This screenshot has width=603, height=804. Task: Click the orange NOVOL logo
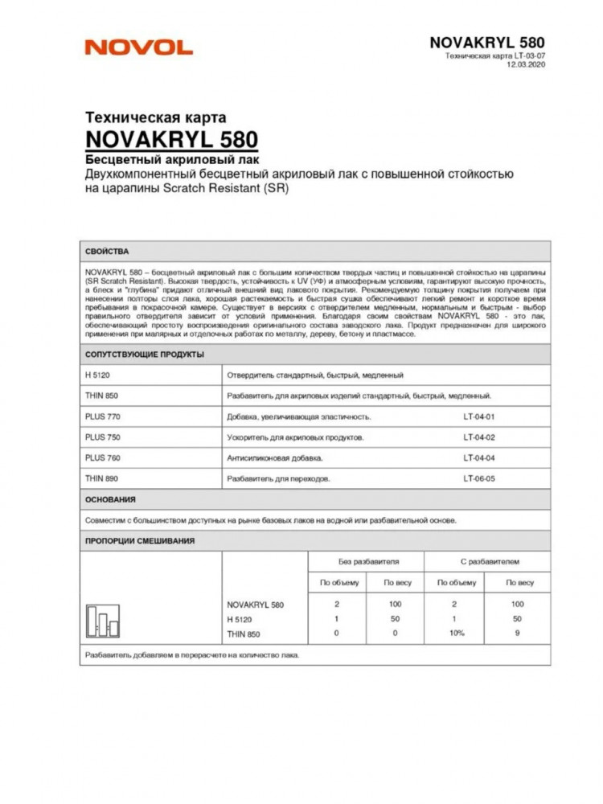click(x=138, y=47)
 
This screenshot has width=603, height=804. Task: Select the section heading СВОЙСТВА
click(x=107, y=251)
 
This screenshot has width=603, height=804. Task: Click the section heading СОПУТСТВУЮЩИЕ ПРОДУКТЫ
click(x=144, y=354)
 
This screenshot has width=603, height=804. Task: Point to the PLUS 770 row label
click(x=102, y=416)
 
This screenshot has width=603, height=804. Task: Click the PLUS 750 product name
click(x=102, y=437)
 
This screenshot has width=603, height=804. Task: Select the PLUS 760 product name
click(x=102, y=458)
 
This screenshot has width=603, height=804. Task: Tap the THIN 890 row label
click(x=100, y=478)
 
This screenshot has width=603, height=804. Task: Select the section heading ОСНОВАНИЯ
click(x=110, y=499)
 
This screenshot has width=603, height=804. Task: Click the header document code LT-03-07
click(x=527, y=55)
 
